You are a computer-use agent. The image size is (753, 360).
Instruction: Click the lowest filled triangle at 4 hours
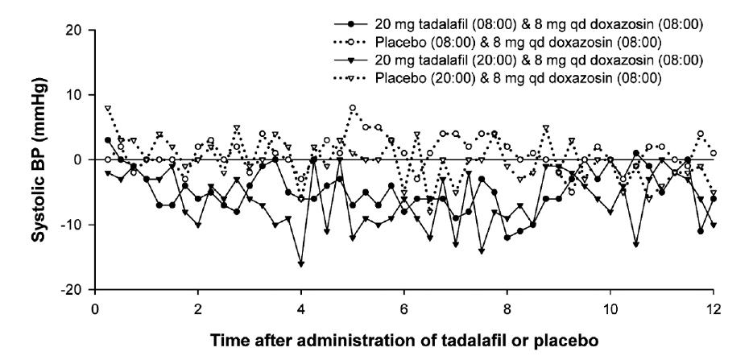(301, 263)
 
